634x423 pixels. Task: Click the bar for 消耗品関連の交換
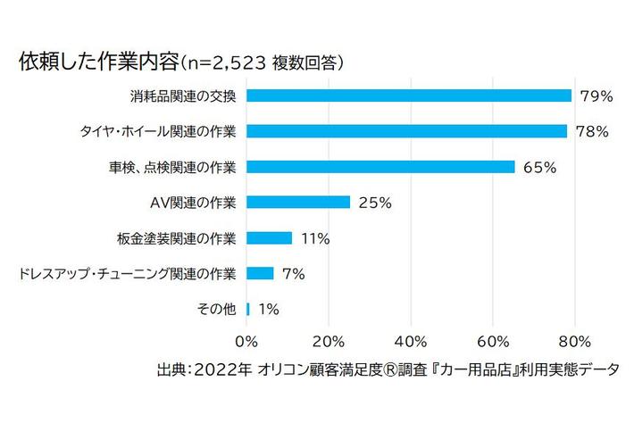point(408,95)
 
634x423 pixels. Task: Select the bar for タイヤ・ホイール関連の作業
point(406,131)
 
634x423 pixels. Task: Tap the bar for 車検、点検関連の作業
point(380,167)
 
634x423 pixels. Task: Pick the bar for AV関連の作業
point(297,203)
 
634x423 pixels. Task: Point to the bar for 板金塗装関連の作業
point(269,238)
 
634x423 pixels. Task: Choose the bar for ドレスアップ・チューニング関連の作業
point(260,274)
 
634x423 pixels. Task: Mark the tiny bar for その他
point(247,309)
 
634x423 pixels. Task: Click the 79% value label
point(596,95)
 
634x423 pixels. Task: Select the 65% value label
point(540,167)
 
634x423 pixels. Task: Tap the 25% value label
point(375,203)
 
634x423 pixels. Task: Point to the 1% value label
point(269,310)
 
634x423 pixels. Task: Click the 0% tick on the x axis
point(246,340)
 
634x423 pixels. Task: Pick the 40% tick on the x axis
point(410,340)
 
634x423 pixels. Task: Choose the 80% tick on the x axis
point(575,340)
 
